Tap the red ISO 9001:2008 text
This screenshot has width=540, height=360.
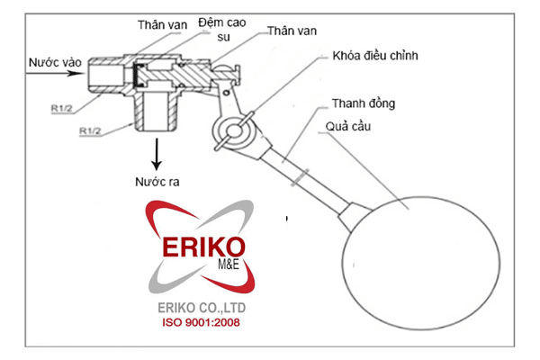coord(201,321)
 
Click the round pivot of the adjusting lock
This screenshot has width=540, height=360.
coord(237,131)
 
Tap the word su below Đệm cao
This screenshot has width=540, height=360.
coord(223,38)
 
